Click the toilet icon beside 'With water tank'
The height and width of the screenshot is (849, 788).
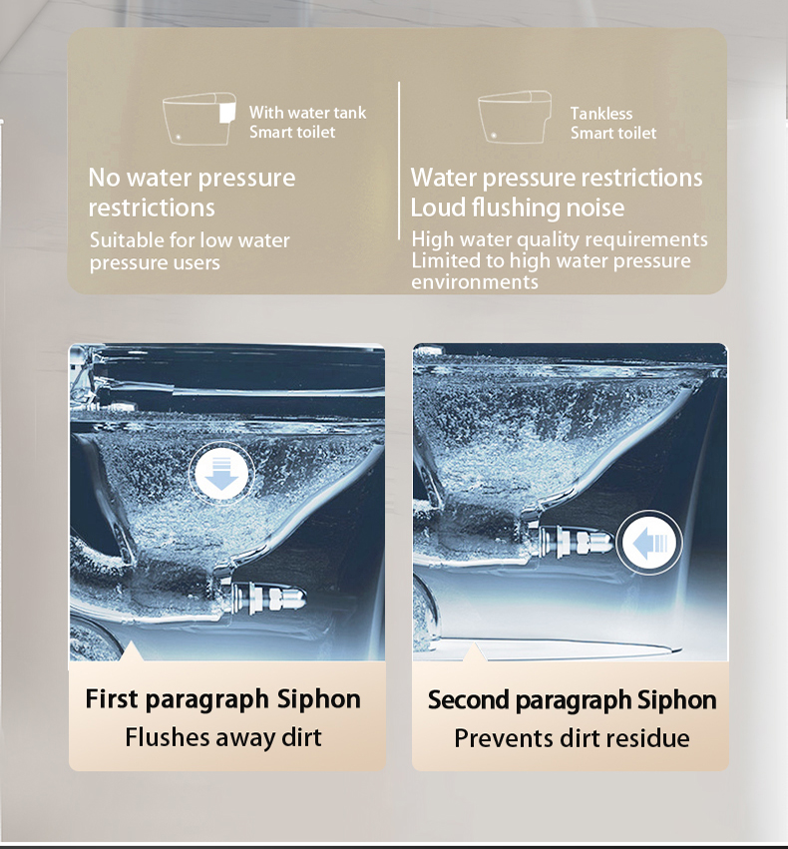199,119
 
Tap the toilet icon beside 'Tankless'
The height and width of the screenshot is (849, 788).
515,118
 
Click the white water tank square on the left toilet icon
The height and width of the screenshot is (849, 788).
227,113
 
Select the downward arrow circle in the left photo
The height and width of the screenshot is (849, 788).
221,473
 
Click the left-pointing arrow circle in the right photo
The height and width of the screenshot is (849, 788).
649,543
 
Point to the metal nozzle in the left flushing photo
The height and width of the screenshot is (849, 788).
268,599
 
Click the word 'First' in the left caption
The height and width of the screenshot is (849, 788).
112,698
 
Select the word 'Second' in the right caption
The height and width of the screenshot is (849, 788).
468,699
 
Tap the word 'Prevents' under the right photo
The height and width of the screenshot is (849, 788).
494,738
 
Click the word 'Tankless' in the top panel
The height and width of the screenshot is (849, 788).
601,113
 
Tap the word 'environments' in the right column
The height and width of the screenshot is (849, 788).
475,282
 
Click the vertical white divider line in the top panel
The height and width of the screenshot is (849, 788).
399,161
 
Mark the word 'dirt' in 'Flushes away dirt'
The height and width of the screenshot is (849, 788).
304,737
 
